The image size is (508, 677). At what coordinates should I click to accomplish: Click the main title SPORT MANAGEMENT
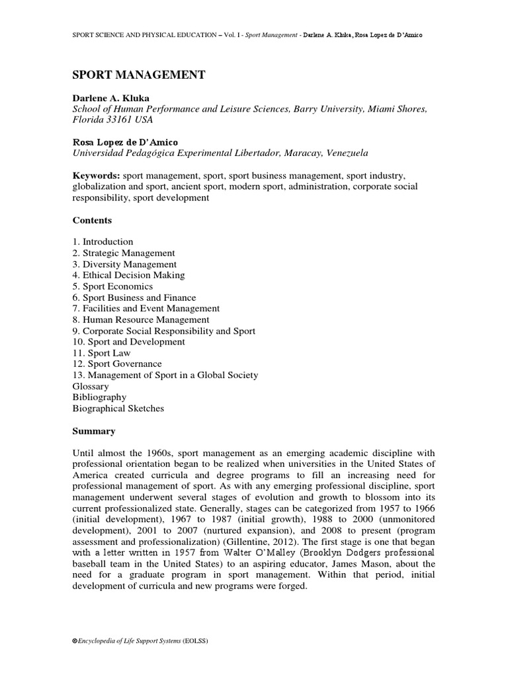[x=138, y=75]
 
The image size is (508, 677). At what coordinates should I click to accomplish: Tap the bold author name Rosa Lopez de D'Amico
[x=126, y=142]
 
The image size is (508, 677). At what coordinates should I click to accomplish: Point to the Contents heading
[x=92, y=220]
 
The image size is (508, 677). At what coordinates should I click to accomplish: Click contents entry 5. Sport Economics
[x=112, y=286]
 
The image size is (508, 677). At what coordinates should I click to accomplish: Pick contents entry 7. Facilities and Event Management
[x=146, y=309]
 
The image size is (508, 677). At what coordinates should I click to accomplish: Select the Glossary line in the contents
[x=91, y=386]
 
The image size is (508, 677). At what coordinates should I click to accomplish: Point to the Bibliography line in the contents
[x=99, y=397]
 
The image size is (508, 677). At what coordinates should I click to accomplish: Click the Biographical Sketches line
[x=118, y=409]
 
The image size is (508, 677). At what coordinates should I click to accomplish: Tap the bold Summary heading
[x=93, y=431]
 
